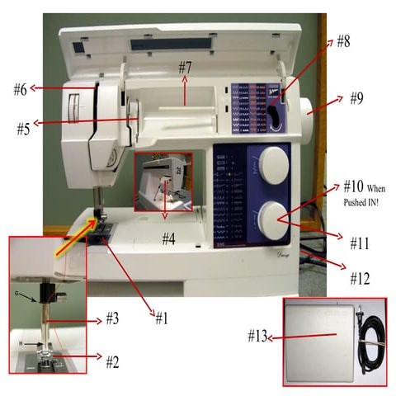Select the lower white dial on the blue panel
coord(269,219)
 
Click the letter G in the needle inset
coord(16,292)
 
